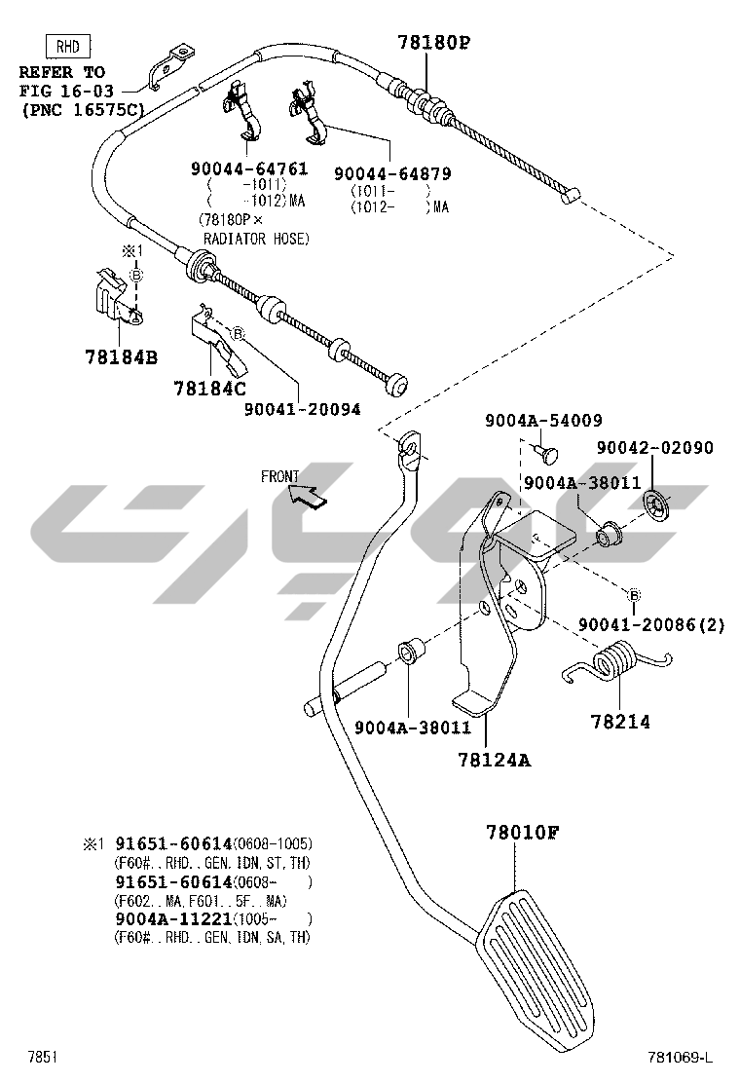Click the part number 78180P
click(x=433, y=42)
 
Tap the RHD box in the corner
click(x=68, y=45)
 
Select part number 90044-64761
click(x=249, y=168)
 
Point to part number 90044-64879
click(x=392, y=173)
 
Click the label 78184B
click(x=120, y=356)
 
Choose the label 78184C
click(x=209, y=388)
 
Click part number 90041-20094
click(x=302, y=409)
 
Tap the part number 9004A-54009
click(x=543, y=420)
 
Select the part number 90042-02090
click(x=655, y=448)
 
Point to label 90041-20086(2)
click(x=651, y=624)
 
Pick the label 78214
click(x=620, y=722)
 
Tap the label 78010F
click(x=523, y=834)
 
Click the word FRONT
click(x=280, y=476)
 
